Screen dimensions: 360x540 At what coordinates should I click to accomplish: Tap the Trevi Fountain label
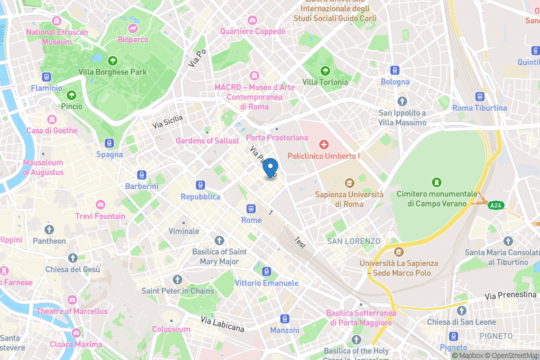(100, 216)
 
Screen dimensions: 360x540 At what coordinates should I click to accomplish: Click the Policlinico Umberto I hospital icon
(324, 145)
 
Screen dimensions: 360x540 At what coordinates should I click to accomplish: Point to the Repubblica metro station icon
(200, 185)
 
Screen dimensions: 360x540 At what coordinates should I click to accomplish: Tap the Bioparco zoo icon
(132, 28)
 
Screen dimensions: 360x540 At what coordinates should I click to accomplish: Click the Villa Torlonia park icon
(325, 70)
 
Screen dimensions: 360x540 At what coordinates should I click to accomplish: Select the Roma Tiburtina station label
(479, 108)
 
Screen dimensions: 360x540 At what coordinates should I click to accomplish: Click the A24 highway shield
(497, 205)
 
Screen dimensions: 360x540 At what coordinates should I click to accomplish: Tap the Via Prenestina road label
(512, 296)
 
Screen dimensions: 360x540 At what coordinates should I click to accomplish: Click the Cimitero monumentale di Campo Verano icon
(437, 182)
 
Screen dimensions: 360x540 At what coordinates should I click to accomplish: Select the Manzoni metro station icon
(285, 319)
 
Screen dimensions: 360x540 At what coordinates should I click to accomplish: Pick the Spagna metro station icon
(109, 143)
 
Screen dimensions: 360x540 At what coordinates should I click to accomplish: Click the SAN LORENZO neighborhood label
(353, 241)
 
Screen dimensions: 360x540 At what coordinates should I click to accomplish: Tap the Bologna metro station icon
(395, 70)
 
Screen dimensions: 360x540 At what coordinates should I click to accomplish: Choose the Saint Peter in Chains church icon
(178, 280)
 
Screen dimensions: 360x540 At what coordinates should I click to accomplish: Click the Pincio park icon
(72, 95)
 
